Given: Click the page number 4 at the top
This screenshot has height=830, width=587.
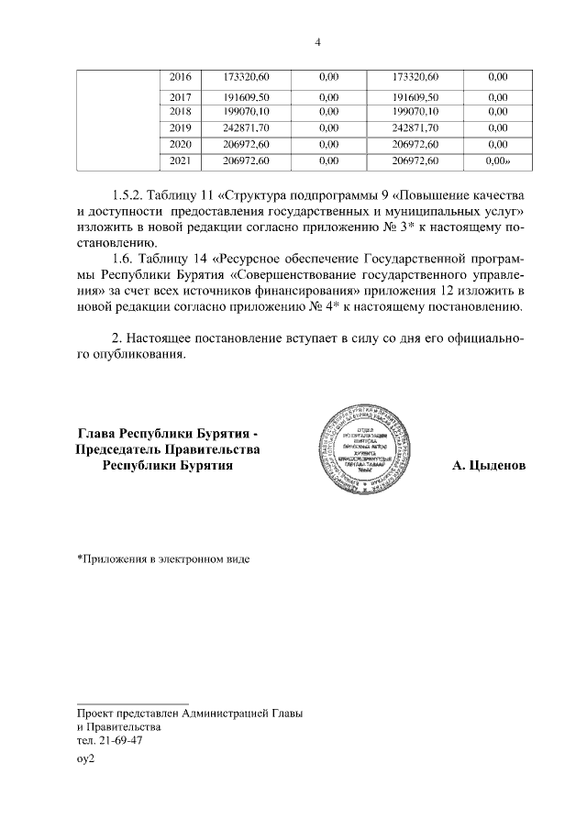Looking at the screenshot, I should point(317,42).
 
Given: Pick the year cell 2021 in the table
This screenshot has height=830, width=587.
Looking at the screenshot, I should point(181,161).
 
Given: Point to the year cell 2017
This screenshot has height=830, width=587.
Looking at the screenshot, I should point(181,96).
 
